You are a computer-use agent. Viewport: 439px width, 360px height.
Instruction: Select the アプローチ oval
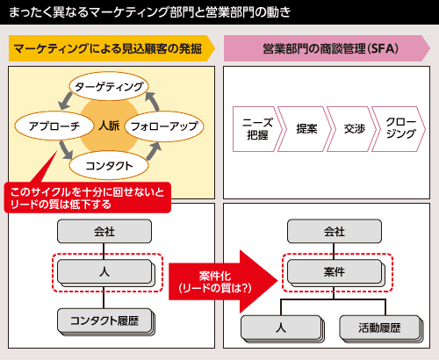tap(54, 126)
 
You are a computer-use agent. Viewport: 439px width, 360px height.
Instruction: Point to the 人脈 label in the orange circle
tap(109, 126)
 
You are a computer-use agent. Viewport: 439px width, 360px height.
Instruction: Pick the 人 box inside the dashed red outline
tap(105, 273)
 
